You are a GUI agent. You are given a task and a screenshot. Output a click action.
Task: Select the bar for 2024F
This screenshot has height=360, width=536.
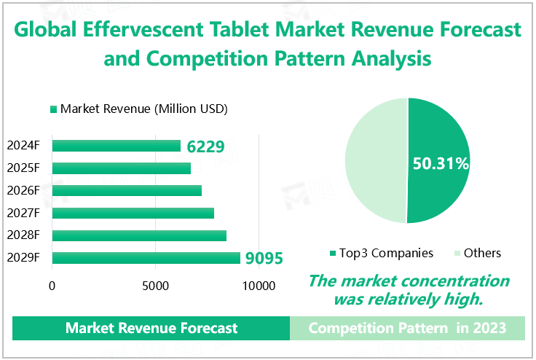(117, 146)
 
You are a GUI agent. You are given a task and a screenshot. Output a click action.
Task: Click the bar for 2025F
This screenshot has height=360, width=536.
(122, 168)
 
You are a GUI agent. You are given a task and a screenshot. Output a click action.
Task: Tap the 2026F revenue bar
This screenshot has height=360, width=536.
(127, 191)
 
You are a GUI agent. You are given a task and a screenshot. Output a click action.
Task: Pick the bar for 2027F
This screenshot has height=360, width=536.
(133, 213)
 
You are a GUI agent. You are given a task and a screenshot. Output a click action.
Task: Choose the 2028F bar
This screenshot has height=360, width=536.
(139, 235)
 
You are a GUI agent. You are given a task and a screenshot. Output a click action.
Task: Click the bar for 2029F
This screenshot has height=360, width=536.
(146, 258)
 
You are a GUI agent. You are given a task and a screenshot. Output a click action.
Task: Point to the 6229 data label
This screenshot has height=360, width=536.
(205, 146)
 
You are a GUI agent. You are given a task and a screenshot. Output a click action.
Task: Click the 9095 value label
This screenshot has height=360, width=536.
(264, 259)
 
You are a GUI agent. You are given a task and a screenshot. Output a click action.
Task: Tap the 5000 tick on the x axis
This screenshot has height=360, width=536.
(156, 286)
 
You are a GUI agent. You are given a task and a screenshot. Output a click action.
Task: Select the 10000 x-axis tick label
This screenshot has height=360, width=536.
(259, 286)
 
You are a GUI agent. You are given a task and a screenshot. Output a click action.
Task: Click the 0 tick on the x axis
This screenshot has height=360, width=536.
(52, 286)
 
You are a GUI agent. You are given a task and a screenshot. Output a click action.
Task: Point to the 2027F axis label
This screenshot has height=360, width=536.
(23, 213)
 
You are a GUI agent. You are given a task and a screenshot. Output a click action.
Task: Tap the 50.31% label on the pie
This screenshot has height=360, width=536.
(440, 164)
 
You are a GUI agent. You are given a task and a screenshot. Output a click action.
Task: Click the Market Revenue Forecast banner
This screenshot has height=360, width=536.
(151, 328)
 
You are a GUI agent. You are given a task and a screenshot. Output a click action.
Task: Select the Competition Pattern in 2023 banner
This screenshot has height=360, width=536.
(407, 328)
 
